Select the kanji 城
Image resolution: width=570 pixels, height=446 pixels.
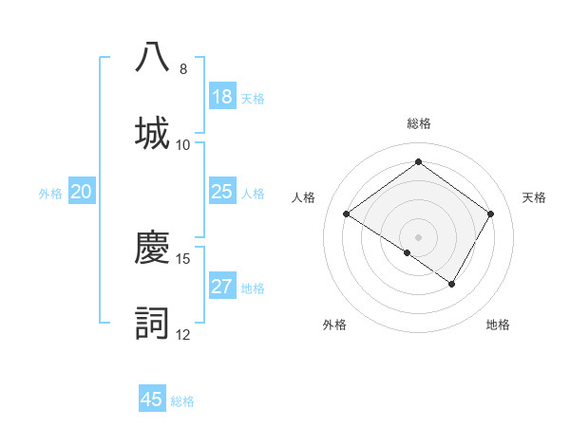click(x=152, y=132)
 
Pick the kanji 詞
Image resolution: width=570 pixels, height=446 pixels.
click(x=152, y=323)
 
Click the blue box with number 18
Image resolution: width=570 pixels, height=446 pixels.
click(x=222, y=97)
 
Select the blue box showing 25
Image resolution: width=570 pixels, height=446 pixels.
click(x=222, y=193)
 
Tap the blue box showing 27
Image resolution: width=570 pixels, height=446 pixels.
click(x=222, y=287)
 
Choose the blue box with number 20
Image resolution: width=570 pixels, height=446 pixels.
click(x=82, y=193)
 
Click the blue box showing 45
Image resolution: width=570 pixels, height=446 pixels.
click(x=152, y=400)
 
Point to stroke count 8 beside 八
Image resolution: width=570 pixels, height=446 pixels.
click(x=183, y=69)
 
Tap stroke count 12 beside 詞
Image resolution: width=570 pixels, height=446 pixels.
click(x=183, y=335)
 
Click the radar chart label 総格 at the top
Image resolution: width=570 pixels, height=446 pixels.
click(x=418, y=123)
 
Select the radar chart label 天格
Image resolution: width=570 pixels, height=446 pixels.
click(x=534, y=197)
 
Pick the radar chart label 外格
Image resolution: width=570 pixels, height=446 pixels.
click(x=334, y=325)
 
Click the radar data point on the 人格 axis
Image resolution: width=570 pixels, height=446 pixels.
click(x=347, y=214)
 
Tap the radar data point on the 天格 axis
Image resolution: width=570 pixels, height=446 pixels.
click(x=490, y=214)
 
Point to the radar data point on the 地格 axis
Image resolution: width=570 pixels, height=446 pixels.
click(x=452, y=284)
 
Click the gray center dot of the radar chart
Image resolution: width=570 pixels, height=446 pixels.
click(x=418, y=236)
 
